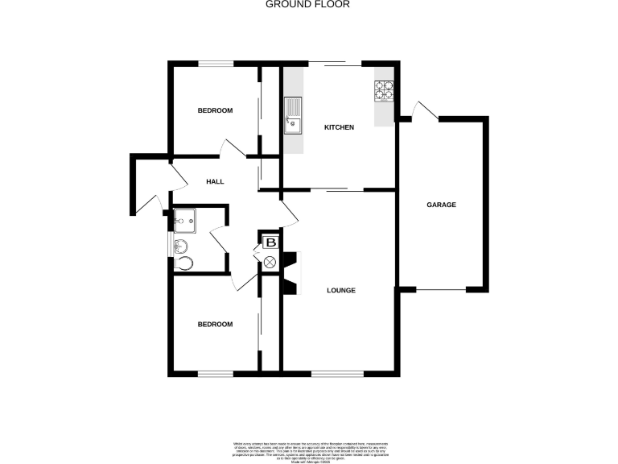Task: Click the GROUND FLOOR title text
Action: click(x=308, y=4)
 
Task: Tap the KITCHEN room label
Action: click(x=339, y=127)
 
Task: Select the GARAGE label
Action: click(x=441, y=205)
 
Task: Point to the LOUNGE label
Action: click(x=341, y=290)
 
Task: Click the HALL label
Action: click(x=215, y=182)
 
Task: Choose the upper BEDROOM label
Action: click(x=215, y=110)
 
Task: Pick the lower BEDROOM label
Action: click(x=215, y=324)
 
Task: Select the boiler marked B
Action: click(x=270, y=242)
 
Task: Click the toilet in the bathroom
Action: click(x=184, y=263)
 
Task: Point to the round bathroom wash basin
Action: click(x=179, y=245)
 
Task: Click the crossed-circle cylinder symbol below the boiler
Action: click(x=270, y=261)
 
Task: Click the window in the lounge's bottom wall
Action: click(x=336, y=374)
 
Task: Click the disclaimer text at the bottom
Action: click(x=308, y=449)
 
